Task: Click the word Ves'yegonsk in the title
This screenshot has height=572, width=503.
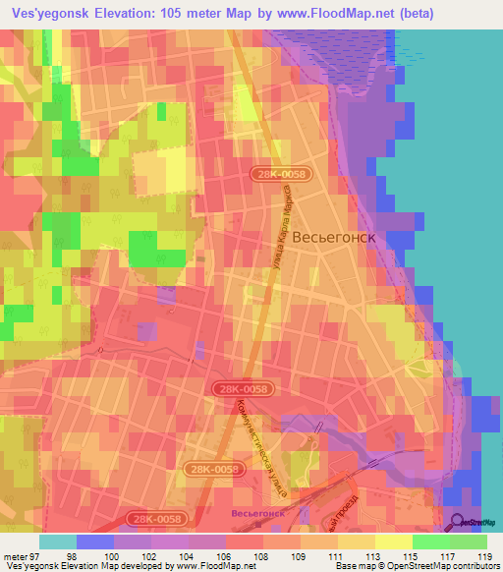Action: click(46, 13)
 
